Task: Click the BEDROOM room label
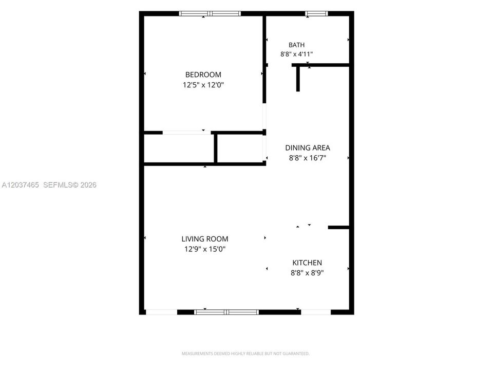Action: pyautogui.click(x=203, y=75)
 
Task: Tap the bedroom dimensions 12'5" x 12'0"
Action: pyautogui.click(x=203, y=85)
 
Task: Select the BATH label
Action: pyautogui.click(x=296, y=45)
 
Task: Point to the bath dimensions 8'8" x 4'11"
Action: pyautogui.click(x=296, y=54)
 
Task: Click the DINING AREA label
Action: pyautogui.click(x=308, y=147)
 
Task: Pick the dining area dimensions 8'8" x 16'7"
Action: pyautogui.click(x=308, y=158)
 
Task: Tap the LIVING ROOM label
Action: pyautogui.click(x=205, y=239)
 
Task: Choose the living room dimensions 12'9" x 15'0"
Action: pyautogui.click(x=205, y=249)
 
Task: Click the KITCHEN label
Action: pyautogui.click(x=307, y=263)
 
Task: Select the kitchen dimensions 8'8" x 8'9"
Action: pyautogui.click(x=307, y=272)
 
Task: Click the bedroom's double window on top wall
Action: pyautogui.click(x=210, y=13)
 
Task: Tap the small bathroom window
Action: pyautogui.click(x=316, y=13)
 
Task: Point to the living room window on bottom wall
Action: pyautogui.click(x=226, y=312)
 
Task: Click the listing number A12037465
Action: pyautogui.click(x=21, y=185)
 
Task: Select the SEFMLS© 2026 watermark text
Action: pyautogui.click(x=70, y=185)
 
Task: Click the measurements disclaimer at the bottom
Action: pyautogui.click(x=245, y=354)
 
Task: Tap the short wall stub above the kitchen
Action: pyautogui.click(x=338, y=227)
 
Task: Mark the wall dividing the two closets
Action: pyautogui.click(x=216, y=148)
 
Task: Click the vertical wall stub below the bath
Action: pyautogui.click(x=298, y=79)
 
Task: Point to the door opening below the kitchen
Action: pyautogui.click(x=316, y=312)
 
